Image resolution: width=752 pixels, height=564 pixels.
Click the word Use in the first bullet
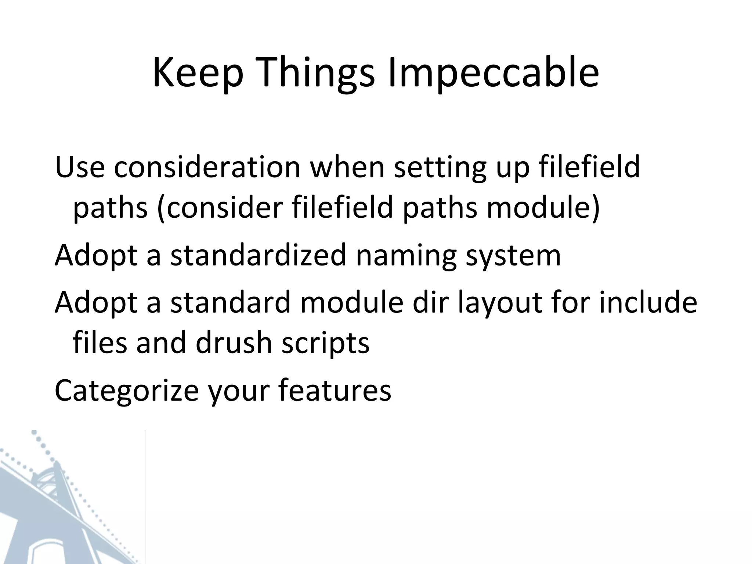[x=80, y=167]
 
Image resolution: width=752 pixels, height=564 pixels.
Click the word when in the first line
[x=347, y=167]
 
